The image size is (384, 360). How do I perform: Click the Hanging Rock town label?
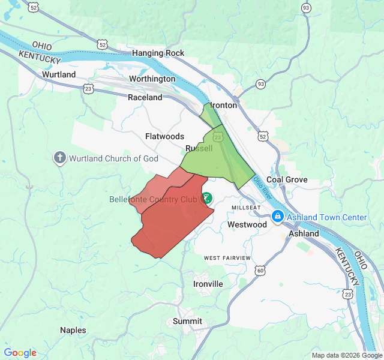pos(158,53)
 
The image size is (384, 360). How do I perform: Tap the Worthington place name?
pos(152,79)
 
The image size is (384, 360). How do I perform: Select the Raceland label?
pos(145,97)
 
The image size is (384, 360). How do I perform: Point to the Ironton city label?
pos(224,105)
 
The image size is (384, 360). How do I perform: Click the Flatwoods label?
pos(164,136)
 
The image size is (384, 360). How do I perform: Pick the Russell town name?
pos(199,148)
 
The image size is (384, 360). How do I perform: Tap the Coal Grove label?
pos(287,179)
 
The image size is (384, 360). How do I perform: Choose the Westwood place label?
pos(247,224)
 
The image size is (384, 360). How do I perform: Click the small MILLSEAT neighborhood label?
pos(246,208)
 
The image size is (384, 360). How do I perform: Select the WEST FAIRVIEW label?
pos(227,258)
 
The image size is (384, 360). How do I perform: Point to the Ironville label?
pos(208,284)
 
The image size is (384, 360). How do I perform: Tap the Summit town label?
pos(187,321)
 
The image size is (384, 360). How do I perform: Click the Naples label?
pos(73,330)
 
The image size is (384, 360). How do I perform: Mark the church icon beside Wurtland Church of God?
pos(59,158)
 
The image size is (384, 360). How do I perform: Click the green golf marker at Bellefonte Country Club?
pos(206,197)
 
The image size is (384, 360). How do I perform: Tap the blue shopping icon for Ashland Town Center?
pos(277,217)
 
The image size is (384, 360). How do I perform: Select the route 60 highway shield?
pos(260,271)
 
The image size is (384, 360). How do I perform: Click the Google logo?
pos(20,353)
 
